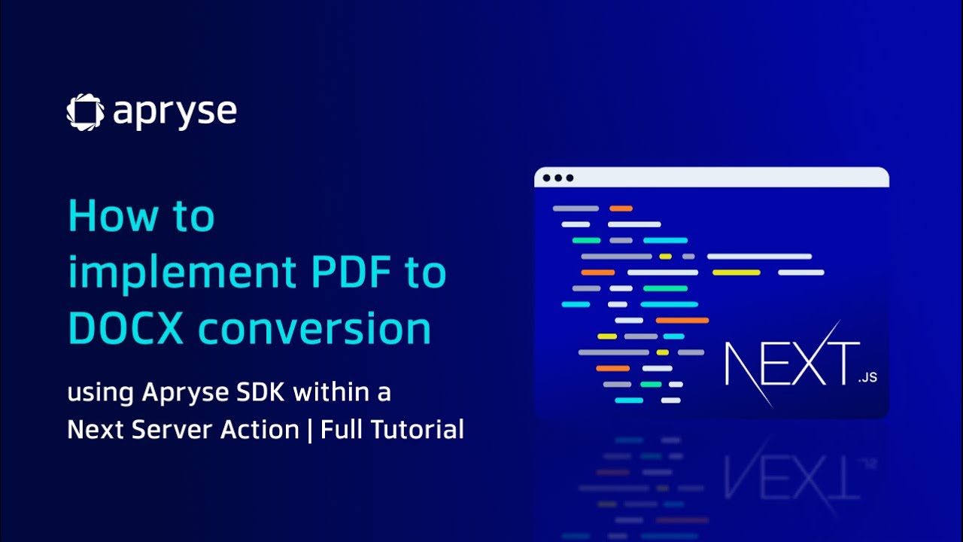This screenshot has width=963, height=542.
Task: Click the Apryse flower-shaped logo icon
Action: click(x=85, y=112)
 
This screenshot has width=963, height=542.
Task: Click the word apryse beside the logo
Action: click(x=175, y=113)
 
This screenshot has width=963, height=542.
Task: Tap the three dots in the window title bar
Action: click(x=558, y=178)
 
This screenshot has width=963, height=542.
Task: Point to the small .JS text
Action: click(x=867, y=379)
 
